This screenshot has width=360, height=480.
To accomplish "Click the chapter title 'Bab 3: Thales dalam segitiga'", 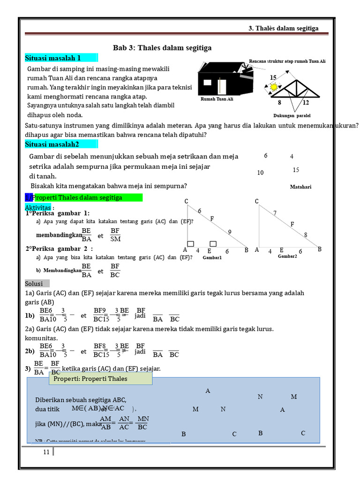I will tap(162, 48).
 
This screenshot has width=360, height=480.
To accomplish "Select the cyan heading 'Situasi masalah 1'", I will tap(53, 58).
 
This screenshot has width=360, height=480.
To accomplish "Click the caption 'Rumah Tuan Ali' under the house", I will tap(217, 99).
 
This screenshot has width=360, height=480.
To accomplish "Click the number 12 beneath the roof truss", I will tap(306, 103).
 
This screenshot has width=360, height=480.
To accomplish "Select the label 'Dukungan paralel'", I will tap(292, 115).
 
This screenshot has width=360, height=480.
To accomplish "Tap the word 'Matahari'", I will tap(300, 187).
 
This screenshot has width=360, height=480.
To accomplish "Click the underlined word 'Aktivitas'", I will tap(38, 207).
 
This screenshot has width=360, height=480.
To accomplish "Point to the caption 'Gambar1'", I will tap(212, 257).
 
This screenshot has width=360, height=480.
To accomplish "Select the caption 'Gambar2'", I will tap(287, 256).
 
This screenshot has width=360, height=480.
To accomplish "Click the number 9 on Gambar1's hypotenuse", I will tap(230, 232).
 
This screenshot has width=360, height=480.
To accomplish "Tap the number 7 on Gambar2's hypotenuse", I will tap(275, 213).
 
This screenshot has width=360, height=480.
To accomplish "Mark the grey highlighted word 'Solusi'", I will tap(34, 284).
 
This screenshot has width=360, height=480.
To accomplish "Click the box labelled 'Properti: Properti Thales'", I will tap(100, 378).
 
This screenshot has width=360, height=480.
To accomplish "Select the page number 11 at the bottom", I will tap(46, 452).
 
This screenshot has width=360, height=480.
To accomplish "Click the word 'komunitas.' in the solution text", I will tap(41, 337).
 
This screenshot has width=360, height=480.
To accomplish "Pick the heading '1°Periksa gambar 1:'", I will tap(57, 213).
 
